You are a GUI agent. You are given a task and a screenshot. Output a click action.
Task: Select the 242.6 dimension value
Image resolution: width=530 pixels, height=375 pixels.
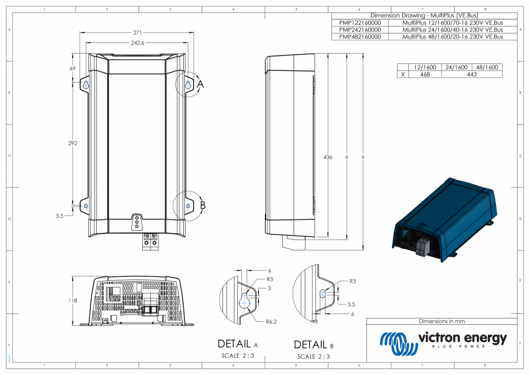(x=137, y=43)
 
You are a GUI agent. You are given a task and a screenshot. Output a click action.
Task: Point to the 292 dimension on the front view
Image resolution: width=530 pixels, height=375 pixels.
(x=73, y=143)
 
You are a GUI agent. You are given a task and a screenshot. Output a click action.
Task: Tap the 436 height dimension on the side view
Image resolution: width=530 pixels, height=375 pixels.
(x=328, y=157)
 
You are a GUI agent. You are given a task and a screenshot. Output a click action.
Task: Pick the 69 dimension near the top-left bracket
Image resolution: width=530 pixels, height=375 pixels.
(x=73, y=69)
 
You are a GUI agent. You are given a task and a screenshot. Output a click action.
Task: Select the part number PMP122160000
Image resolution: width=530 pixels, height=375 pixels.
(x=360, y=22)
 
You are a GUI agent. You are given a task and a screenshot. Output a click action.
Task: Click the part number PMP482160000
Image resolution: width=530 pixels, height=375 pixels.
(x=360, y=36)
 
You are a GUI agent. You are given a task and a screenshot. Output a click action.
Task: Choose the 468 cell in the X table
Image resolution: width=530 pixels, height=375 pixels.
(x=425, y=74)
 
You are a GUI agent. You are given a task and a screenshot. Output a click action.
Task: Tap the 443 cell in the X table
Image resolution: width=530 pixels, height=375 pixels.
(x=471, y=74)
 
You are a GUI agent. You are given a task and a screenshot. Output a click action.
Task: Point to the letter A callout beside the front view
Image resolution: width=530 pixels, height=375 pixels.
(x=200, y=84)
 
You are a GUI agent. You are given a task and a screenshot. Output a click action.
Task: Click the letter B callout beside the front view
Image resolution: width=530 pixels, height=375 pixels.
(x=202, y=205)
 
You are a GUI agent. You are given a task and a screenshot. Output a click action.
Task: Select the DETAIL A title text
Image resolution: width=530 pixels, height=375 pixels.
(x=237, y=344)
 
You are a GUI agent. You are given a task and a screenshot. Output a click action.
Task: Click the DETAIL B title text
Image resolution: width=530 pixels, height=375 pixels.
(x=314, y=345)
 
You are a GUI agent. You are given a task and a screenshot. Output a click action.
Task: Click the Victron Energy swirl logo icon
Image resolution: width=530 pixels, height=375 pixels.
(x=396, y=343)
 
